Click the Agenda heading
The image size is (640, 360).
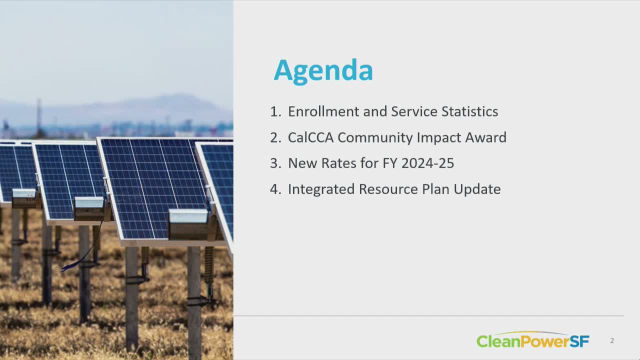tap(323, 70)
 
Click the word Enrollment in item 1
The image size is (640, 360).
tap(323, 111)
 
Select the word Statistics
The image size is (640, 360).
tap(469, 111)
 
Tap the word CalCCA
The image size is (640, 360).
tap(311, 137)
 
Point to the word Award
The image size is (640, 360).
tap(485, 137)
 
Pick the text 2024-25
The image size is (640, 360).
tap(427, 163)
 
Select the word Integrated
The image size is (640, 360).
tap(321, 189)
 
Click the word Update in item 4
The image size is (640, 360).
tap(477, 189)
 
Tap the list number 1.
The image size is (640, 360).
tap(275, 111)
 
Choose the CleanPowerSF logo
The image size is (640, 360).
tap(533, 340)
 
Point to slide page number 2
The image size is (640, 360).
tap(612, 340)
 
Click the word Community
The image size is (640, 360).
tap(375, 137)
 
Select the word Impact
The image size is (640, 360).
tap(439, 137)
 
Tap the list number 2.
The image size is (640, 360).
tap(275, 137)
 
